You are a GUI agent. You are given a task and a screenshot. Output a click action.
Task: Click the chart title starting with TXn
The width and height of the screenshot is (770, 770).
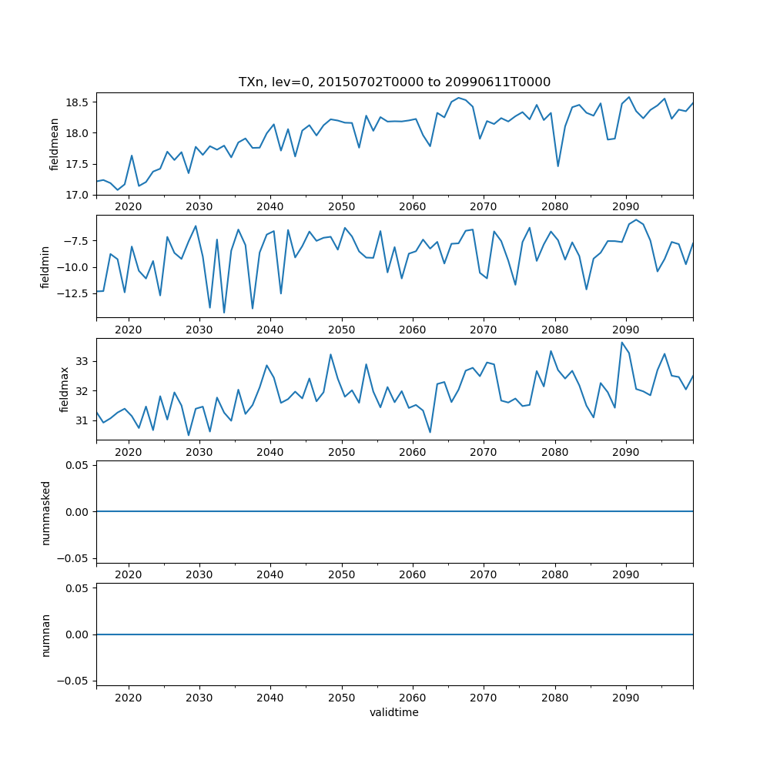tap(394, 82)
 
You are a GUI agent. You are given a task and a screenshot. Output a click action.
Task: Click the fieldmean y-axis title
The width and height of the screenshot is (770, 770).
tap(54, 144)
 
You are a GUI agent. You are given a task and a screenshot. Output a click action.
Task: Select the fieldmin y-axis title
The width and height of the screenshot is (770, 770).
tap(45, 266)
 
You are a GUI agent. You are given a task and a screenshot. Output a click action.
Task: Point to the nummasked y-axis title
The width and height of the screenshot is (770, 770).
tap(45, 512)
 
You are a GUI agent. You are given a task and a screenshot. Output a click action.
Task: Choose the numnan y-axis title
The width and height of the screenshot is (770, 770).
tap(45, 634)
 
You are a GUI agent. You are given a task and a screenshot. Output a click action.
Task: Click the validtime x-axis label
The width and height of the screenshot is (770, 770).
tap(394, 713)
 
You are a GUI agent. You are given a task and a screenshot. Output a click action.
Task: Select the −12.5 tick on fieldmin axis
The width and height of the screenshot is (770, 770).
tap(75, 293)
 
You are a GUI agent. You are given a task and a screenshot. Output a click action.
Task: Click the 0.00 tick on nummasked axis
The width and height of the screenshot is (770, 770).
tap(78, 512)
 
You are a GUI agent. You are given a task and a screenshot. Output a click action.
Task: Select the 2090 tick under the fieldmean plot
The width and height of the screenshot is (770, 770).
tap(625, 209)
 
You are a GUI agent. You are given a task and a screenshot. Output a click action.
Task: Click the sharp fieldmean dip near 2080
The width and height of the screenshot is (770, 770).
tap(558, 166)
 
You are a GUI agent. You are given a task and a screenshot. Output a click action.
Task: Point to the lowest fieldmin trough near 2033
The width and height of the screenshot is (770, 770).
tap(224, 312)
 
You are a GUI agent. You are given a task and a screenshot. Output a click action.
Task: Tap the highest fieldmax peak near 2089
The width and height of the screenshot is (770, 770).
tap(622, 343)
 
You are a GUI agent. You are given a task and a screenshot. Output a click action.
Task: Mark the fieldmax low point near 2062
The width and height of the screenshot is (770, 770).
tap(430, 432)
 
